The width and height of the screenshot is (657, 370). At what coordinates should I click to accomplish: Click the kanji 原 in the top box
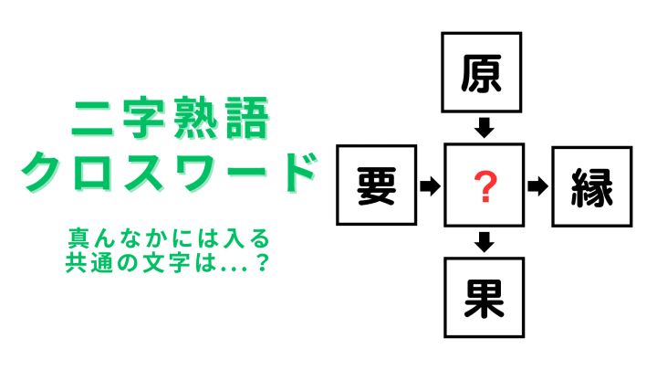pos(481,73)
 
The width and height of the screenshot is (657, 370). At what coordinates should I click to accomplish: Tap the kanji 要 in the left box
pos(376,186)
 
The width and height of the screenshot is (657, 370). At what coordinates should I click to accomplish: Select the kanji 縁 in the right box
pos(591,187)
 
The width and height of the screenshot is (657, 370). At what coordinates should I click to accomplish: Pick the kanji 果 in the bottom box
pos(484,299)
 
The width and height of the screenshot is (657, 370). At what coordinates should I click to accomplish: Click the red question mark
pos(485,186)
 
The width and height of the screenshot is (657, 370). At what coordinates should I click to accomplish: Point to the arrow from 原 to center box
pos(485,128)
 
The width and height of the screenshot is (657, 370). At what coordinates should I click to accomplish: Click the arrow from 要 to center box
pos(431,185)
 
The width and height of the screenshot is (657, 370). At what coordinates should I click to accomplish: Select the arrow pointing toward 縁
pos(538,185)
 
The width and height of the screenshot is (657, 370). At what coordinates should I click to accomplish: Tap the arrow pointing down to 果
pos(485,242)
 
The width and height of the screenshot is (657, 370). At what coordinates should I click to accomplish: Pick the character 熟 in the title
pos(196,118)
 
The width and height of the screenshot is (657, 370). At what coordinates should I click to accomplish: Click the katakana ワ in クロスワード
pos(198,173)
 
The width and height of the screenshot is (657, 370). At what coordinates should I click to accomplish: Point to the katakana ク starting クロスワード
pos(42,173)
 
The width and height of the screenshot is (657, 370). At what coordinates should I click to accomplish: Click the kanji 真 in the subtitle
pos(78,238)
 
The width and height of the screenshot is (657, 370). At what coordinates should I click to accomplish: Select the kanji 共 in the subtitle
pos(76,262)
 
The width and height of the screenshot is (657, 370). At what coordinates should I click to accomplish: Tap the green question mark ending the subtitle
pos(262,262)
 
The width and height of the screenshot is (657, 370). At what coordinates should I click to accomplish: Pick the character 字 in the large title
pos(144,118)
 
